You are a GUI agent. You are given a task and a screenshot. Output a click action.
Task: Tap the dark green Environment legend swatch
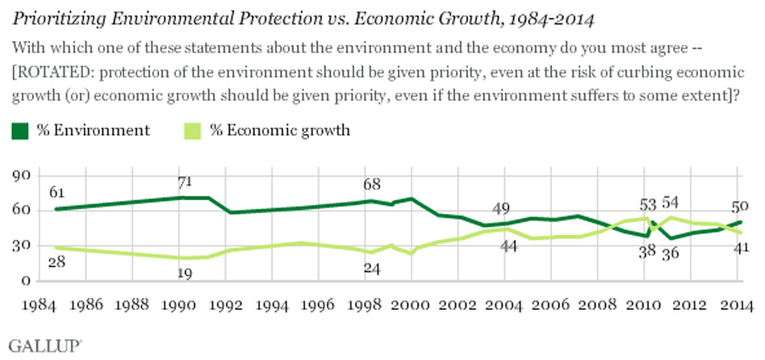(20, 132)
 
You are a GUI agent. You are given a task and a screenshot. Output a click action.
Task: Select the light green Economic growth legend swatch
(193, 132)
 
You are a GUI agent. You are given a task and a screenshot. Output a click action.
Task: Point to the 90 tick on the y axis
(22, 176)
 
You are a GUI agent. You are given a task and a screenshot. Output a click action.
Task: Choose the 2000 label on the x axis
(410, 305)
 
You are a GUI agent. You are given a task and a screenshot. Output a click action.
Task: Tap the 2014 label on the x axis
(737, 305)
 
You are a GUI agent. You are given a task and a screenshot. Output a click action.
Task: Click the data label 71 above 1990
(184, 182)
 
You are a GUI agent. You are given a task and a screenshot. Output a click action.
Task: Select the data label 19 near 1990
(184, 274)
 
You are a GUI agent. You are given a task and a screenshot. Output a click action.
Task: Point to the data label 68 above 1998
(372, 184)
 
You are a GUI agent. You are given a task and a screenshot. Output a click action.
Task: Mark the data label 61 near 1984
(57, 193)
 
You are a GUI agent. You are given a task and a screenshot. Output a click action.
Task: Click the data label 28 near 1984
(57, 262)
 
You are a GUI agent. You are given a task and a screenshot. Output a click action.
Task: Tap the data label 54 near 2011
(671, 203)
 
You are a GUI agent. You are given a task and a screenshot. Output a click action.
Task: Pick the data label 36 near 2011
(671, 254)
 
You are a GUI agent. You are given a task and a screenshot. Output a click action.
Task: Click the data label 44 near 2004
(508, 247)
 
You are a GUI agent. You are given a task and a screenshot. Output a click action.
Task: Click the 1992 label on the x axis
(226, 305)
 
